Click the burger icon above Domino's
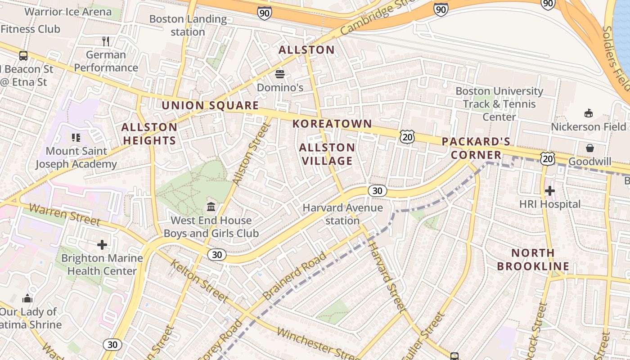[280, 74]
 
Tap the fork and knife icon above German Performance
[106, 41]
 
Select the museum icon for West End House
[211, 207]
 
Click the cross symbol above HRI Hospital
[549, 191]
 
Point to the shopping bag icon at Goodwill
[589, 148]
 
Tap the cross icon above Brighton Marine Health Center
[102, 245]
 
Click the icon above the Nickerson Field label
[588, 113]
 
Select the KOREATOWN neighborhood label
[332, 124]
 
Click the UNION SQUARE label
[210, 106]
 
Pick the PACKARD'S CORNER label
[476, 148]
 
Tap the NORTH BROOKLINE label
[533, 259]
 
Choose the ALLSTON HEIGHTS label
[149, 134]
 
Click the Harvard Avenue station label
[342, 214]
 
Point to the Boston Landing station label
[188, 25]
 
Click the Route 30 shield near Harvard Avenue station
[377, 191]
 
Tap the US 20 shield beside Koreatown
[407, 137]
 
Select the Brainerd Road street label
[295, 276]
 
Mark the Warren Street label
[65, 214]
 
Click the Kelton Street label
[199, 280]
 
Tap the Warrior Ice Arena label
[68, 12]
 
